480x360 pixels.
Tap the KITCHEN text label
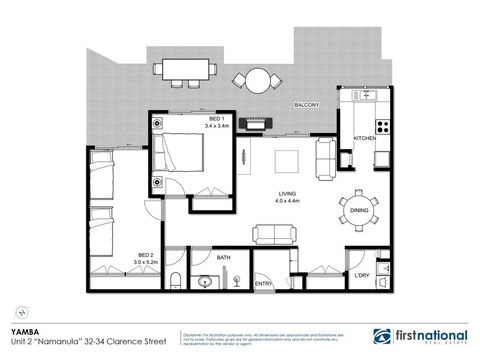point(364,138)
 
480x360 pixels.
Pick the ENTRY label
point(264,283)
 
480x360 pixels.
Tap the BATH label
point(224,256)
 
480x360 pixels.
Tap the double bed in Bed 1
point(182,152)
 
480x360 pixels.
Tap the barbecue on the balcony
point(255,124)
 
